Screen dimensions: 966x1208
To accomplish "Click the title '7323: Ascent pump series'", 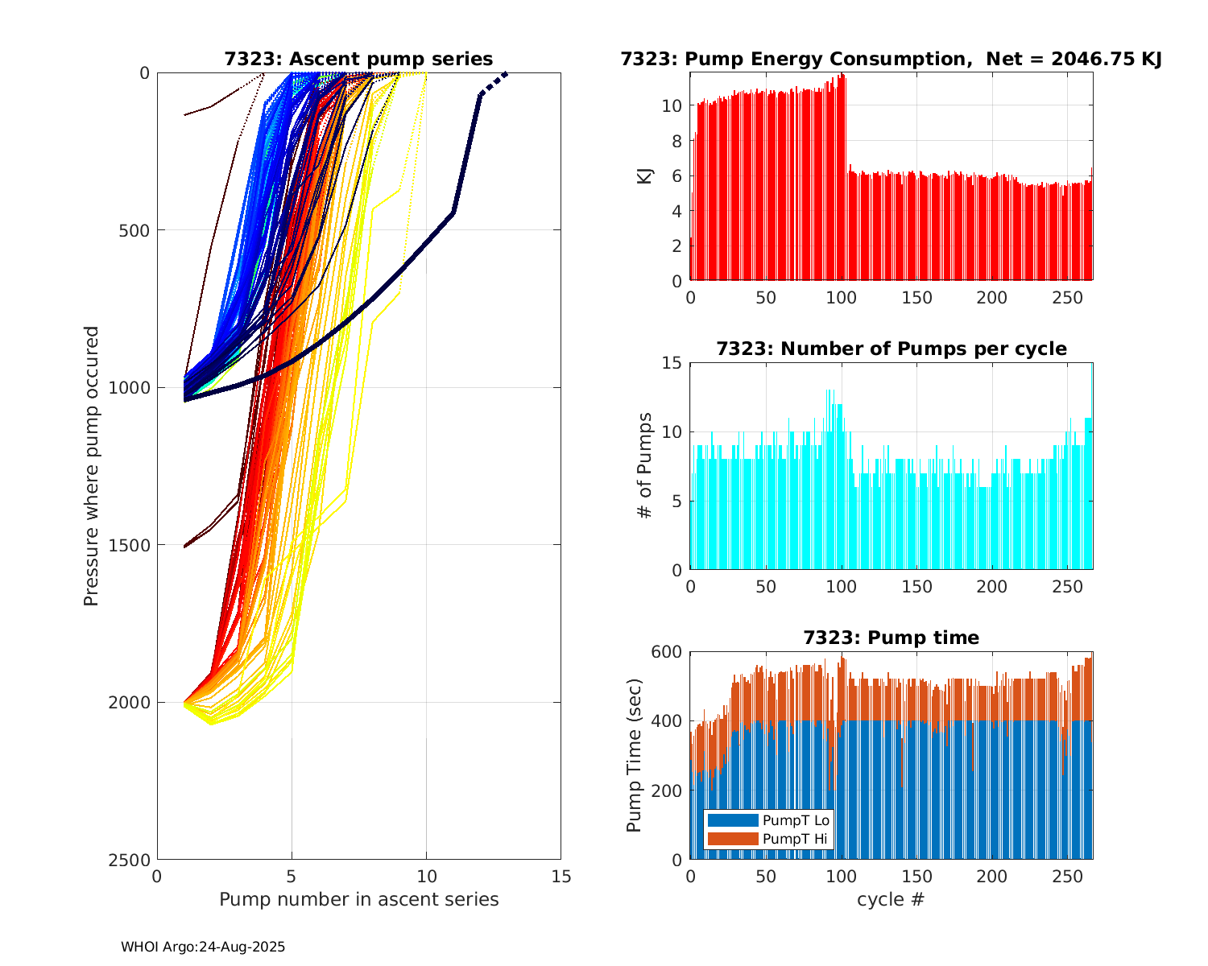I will coord(358,59).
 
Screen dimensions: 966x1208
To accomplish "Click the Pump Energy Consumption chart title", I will coord(891,59).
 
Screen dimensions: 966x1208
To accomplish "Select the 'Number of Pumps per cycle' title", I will coord(891,349).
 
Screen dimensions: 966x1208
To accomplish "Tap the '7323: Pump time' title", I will coord(891,638).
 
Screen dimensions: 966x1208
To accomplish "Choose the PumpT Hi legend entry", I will coord(795,839).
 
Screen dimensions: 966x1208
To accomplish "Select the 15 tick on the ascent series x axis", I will coord(561,876).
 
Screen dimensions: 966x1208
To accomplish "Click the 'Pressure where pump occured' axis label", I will coord(91,465).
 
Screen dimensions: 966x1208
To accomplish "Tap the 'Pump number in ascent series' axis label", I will coord(358,899).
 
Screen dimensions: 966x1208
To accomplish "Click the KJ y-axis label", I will coord(644,176).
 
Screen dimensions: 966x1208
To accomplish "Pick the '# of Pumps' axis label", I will coord(644,465).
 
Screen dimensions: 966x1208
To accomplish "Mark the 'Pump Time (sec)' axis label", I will coord(635,755).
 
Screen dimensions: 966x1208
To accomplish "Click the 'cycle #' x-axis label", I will coord(891,899).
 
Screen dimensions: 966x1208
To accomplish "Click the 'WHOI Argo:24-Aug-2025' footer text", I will coord(203,947).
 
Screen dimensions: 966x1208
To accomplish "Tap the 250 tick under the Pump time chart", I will coord(1067,876).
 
